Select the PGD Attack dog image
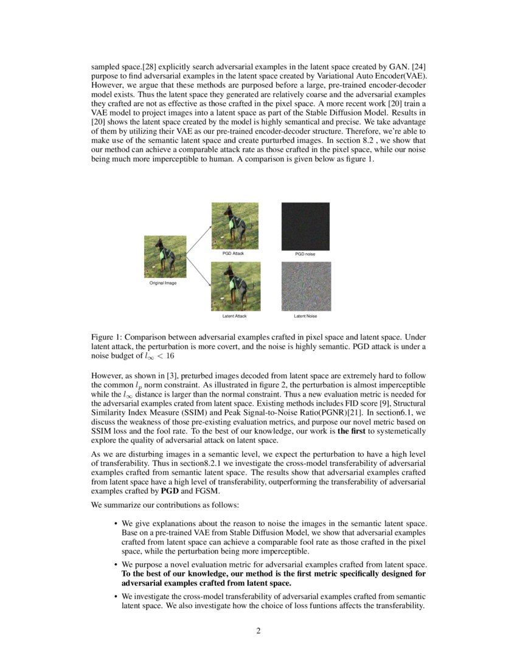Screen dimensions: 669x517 click(x=235, y=224)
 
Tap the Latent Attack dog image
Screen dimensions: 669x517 click(x=235, y=286)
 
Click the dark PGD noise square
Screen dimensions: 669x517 click(x=305, y=226)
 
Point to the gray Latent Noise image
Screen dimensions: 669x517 click(x=306, y=286)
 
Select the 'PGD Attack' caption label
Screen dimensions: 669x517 click(x=233, y=253)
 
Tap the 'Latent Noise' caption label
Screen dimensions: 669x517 click(x=305, y=316)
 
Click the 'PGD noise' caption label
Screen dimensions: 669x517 click(x=305, y=254)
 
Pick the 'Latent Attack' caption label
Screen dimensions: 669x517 click(x=234, y=316)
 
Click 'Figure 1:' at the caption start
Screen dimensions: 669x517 click(x=106, y=336)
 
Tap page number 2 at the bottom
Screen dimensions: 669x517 click(x=258, y=630)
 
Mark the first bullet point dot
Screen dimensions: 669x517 click(x=116, y=523)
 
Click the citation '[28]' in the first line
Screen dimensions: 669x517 click(x=150, y=64)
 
